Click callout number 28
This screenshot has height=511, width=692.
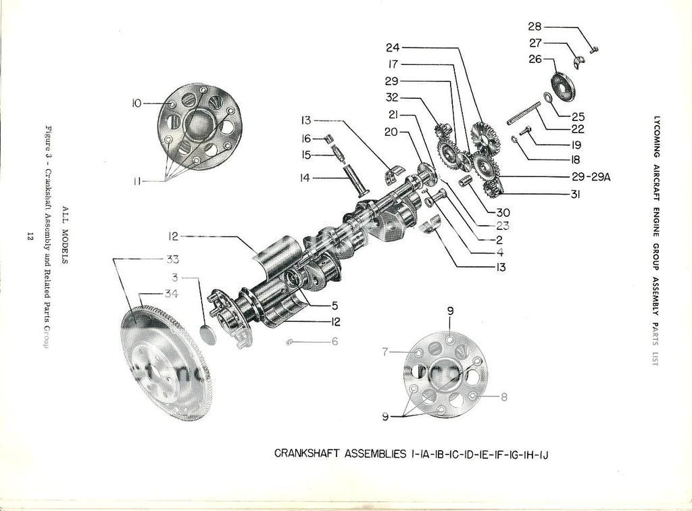[x=535, y=27]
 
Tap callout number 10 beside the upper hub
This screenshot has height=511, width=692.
[x=137, y=103]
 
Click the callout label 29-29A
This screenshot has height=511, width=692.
[x=591, y=177]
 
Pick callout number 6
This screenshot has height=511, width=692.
[x=334, y=341]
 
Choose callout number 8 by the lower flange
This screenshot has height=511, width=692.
[x=385, y=351]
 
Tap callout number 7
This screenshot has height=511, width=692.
[x=503, y=397]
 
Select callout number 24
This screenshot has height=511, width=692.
[x=393, y=47]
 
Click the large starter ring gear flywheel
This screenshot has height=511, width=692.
[x=166, y=365]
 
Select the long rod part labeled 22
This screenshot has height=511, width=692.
[x=523, y=112]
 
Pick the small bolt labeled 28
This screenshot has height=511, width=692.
[x=594, y=48]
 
